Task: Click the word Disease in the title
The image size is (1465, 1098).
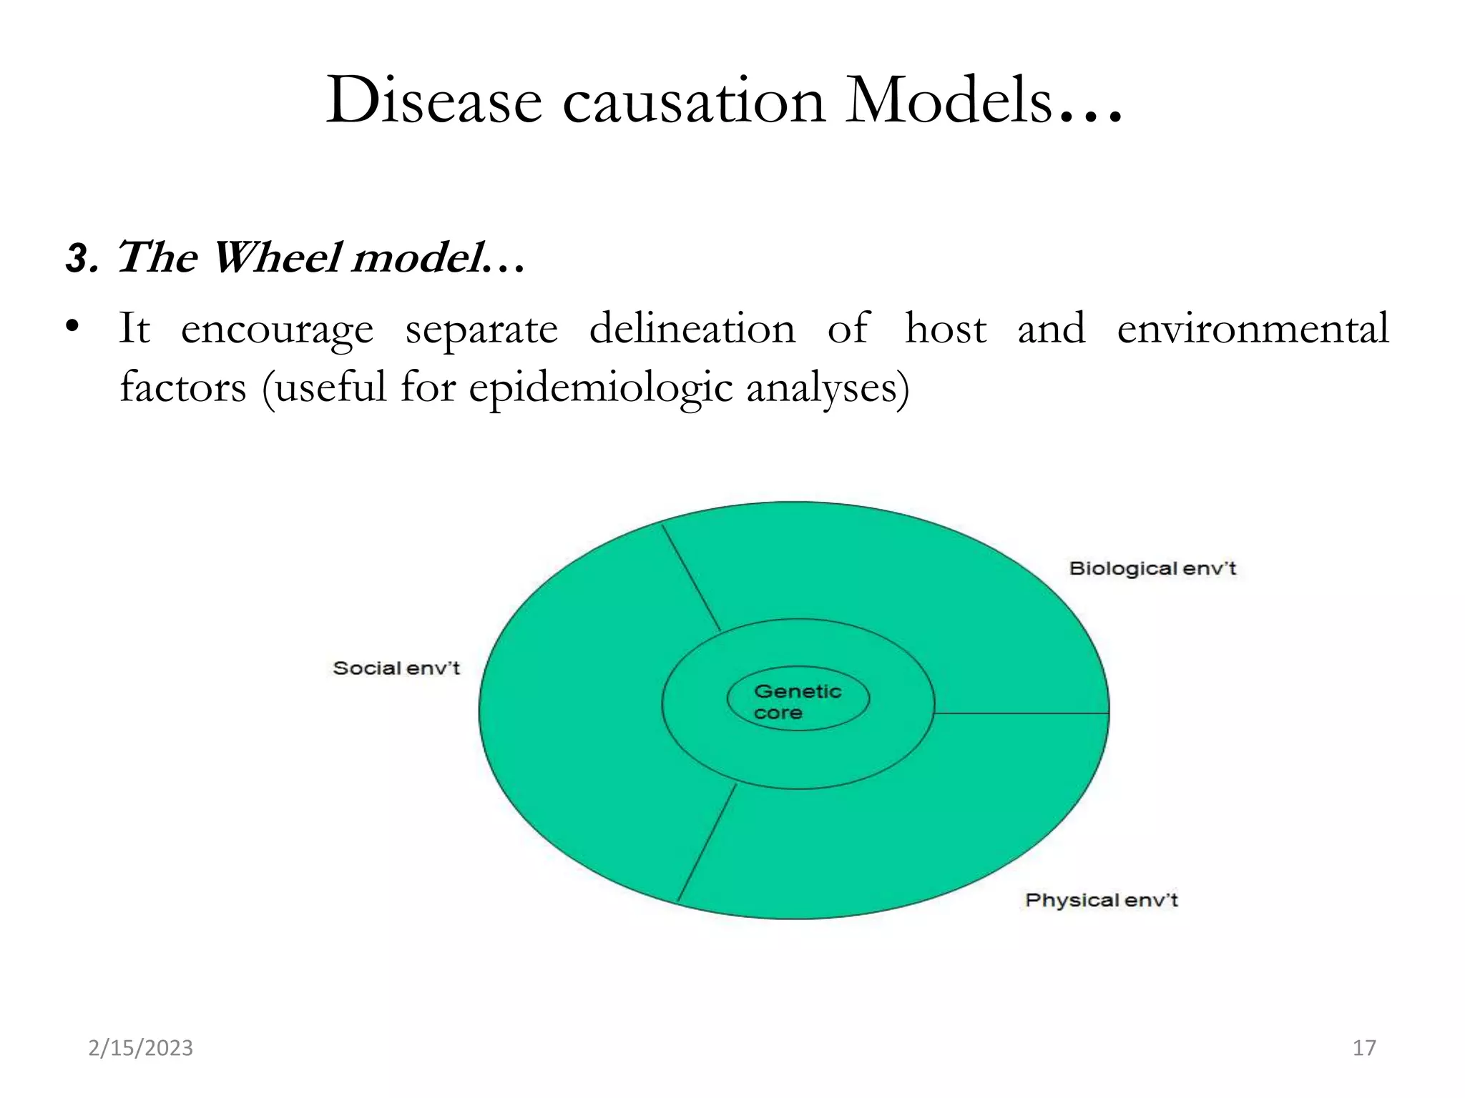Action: click(433, 101)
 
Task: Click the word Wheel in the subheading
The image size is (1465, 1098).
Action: click(276, 257)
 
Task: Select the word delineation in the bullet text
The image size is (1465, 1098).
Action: click(692, 329)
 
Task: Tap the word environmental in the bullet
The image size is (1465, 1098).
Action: click(1253, 329)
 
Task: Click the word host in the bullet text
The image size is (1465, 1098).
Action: click(945, 329)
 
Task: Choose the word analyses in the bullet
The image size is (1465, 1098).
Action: click(827, 388)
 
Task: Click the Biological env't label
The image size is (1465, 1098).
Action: click(1152, 569)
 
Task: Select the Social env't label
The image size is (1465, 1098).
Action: click(396, 668)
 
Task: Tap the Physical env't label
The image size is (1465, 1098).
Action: click(1101, 900)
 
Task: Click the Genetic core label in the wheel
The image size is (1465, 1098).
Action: click(797, 701)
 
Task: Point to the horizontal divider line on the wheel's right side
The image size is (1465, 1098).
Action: click(1021, 713)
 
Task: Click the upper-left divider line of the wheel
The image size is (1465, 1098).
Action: click(691, 578)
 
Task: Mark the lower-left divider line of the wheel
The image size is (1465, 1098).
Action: click(707, 844)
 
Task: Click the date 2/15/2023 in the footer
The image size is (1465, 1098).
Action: click(140, 1048)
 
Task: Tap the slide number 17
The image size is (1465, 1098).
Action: click(1364, 1048)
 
